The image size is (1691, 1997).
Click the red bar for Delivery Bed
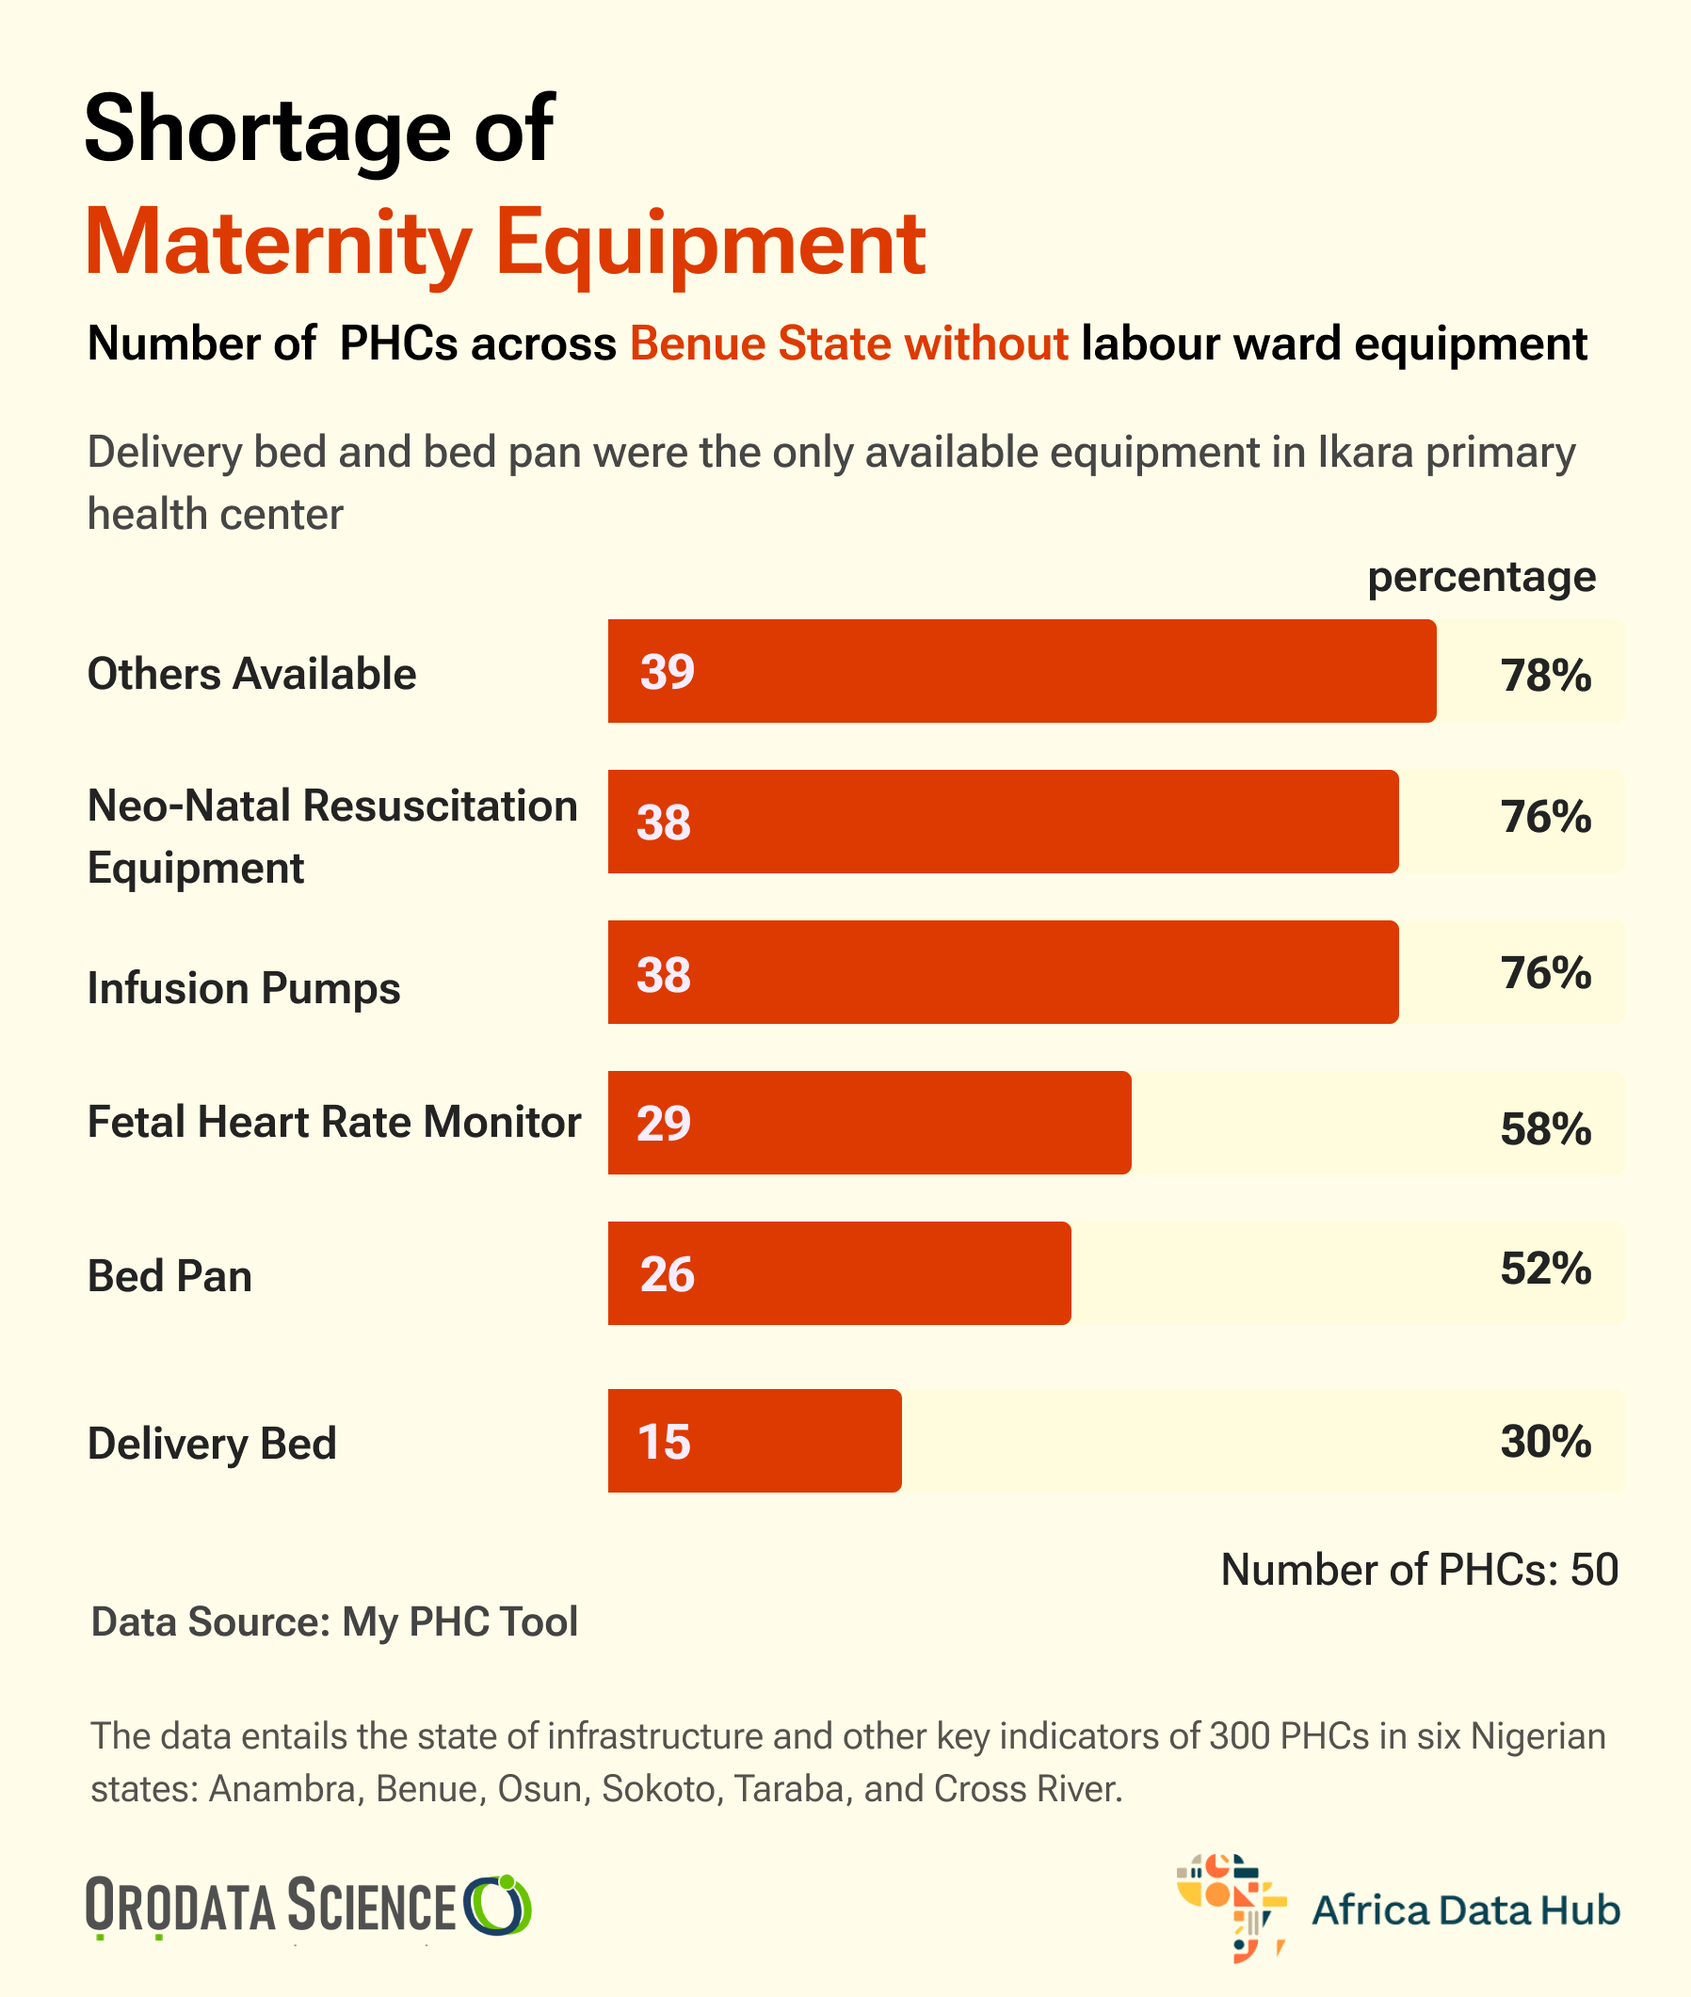[x=754, y=1440]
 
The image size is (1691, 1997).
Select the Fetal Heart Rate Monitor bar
[x=868, y=1122]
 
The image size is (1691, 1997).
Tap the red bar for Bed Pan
[x=839, y=1272]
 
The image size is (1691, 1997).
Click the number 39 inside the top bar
[x=668, y=672]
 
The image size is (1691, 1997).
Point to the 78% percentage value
[x=1545, y=676]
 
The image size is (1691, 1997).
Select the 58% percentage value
[x=1545, y=1128]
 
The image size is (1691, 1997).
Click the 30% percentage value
[x=1545, y=1441]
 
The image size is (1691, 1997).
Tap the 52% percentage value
[x=1545, y=1268]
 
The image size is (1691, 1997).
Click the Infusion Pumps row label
[x=244, y=988]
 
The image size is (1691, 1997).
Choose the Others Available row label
[x=251, y=674]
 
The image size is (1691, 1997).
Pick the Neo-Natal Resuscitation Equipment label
[x=331, y=836]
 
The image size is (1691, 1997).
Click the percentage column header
[x=1481, y=577]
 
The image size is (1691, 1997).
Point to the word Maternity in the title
[x=278, y=244]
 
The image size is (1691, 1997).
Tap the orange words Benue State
[x=758, y=343]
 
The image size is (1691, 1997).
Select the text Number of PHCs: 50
[x=1419, y=1570]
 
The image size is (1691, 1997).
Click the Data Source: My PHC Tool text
[x=333, y=1622]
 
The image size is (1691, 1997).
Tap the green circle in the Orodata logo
[x=497, y=1905]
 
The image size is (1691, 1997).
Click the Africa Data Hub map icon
[x=1231, y=1907]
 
